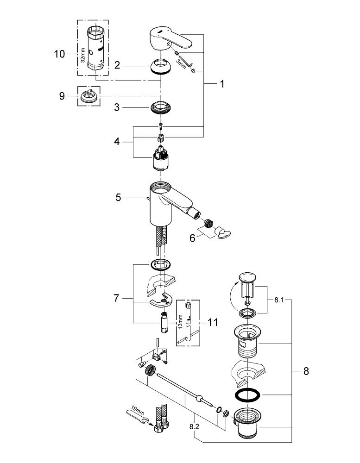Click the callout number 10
[x=59, y=54]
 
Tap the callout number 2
[x=117, y=66]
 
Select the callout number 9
[x=62, y=96]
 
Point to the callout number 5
[x=118, y=198]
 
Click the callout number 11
[x=213, y=322]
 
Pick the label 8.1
[x=279, y=300]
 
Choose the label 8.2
[x=194, y=427]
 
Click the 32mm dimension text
[x=82, y=56]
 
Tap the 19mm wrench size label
[x=138, y=411]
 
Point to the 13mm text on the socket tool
[x=180, y=321]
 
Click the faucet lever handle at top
[x=170, y=39]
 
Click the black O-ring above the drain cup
[x=247, y=395]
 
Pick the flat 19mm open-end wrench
[x=138, y=416]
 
